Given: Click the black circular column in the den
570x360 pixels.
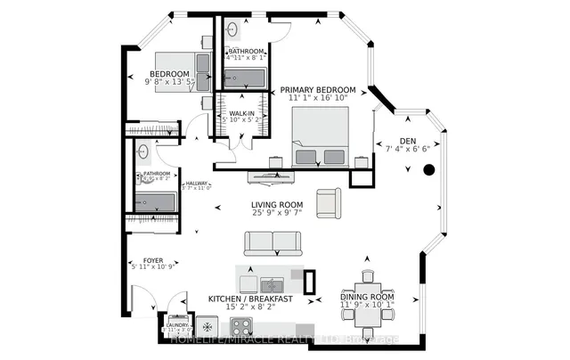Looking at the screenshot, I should (428, 170).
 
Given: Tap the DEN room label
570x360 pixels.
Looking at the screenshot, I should (408, 140).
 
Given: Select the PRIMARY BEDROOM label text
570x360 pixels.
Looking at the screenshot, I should (318, 91).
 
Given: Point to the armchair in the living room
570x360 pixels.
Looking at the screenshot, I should (328, 202).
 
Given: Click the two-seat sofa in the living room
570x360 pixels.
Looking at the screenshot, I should (273, 242).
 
